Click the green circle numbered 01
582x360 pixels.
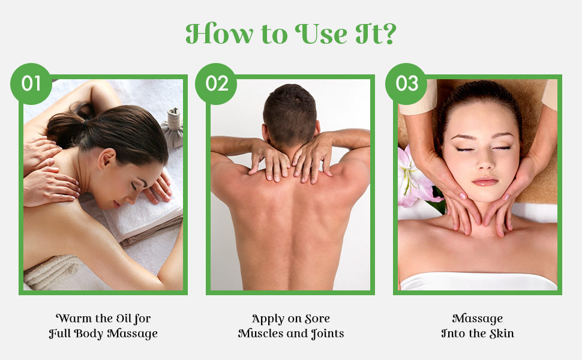click(x=31, y=83)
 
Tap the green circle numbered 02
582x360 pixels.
click(x=217, y=83)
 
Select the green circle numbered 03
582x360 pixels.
click(x=406, y=83)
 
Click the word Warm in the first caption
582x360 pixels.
click(x=71, y=318)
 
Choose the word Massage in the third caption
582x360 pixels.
click(x=478, y=318)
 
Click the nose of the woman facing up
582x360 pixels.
click(x=484, y=162)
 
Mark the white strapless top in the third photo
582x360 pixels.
click(x=478, y=280)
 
